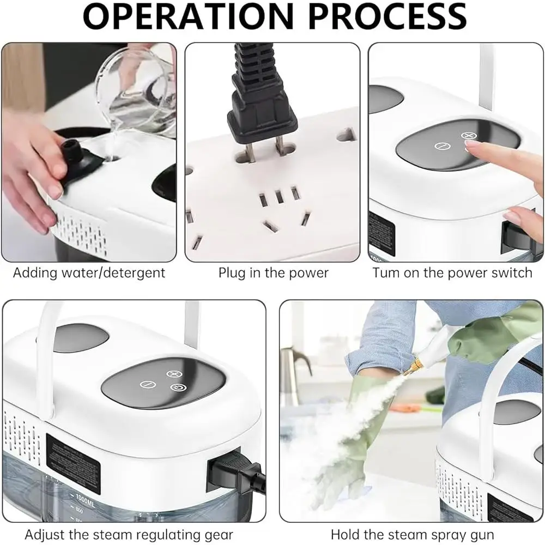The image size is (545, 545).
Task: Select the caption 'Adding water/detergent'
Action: point(89,272)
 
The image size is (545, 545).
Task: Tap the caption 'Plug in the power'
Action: point(274,272)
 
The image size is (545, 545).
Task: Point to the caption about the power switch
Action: point(452,272)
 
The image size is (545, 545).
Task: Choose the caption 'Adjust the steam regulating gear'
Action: point(129,534)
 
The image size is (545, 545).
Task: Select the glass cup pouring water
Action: point(136,87)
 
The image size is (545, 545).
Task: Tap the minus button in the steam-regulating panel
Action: point(145,384)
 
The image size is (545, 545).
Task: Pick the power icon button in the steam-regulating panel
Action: point(176,387)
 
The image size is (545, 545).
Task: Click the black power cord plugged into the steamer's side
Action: point(229,470)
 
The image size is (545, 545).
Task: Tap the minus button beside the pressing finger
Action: point(442,146)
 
